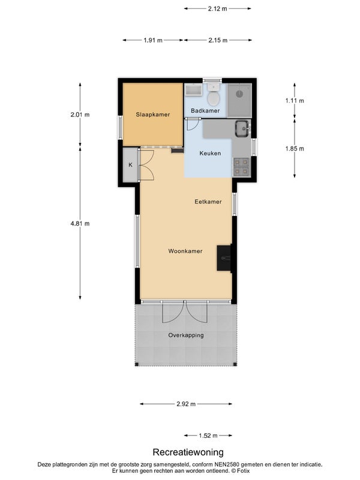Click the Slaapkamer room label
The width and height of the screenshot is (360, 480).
point(153,115)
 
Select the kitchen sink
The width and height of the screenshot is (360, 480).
point(242,128)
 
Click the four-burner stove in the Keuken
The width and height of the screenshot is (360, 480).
point(241,167)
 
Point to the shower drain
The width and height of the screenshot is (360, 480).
point(239,94)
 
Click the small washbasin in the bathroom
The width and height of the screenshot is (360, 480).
point(193,90)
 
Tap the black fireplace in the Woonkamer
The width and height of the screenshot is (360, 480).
point(224,258)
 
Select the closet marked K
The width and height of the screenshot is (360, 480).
point(130,164)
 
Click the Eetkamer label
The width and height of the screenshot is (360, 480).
point(208,202)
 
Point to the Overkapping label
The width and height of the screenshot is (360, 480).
point(186,335)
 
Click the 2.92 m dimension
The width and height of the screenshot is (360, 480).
point(186,404)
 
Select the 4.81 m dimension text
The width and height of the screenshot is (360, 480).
point(80,223)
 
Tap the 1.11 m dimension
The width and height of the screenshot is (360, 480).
point(295,100)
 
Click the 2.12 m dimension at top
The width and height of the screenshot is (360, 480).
point(218,8)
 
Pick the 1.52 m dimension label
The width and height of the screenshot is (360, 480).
point(208,436)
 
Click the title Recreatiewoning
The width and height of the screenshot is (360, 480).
point(188,452)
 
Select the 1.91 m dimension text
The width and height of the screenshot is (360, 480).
point(153,40)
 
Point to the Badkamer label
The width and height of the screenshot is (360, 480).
point(205,110)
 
